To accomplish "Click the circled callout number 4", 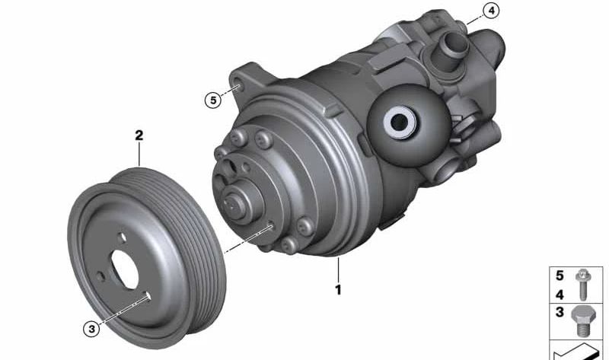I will [492, 11].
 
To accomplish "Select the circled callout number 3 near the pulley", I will [91, 329].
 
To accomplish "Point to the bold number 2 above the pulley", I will [139, 137].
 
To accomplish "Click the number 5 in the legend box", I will [560, 276].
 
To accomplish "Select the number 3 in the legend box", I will [560, 313].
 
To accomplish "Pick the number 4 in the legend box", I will [560, 293].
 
